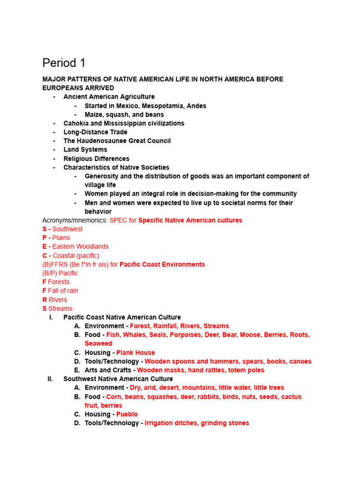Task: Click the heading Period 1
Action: click(x=64, y=63)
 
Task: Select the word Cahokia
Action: click(x=76, y=123)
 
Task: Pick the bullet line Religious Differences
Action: click(x=96, y=159)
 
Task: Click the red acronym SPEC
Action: click(x=118, y=220)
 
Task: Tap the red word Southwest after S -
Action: click(x=67, y=229)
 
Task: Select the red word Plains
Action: click(x=61, y=238)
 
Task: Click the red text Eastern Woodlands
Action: click(x=80, y=247)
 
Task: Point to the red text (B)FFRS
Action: click(x=53, y=264)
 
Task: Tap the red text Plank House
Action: click(x=135, y=352)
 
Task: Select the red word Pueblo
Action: click(x=127, y=414)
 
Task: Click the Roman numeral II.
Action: click(x=50, y=379)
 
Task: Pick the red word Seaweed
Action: click(x=98, y=344)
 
